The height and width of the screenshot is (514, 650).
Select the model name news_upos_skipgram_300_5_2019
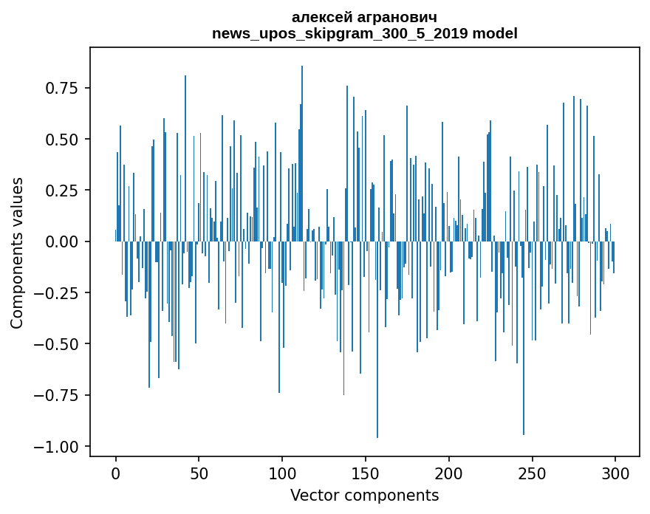(x=341, y=33)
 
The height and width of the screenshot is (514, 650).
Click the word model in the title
(x=495, y=33)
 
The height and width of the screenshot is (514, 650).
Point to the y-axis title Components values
(x=17, y=253)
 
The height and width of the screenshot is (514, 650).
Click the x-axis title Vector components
(x=365, y=495)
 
